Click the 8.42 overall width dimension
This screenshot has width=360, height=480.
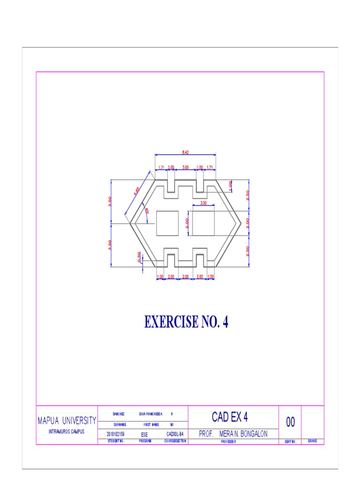[x=186, y=152]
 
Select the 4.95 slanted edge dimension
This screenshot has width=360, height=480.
[x=137, y=191]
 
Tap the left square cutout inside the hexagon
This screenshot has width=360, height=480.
[x=167, y=223]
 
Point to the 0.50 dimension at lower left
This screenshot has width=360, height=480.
[x=139, y=257]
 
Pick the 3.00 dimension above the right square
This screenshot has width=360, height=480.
[x=203, y=203]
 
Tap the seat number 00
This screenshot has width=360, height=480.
[x=290, y=422]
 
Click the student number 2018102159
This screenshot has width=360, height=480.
[x=115, y=434]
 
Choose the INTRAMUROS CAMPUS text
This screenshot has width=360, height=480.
[x=67, y=431]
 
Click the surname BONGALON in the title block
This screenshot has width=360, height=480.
[x=250, y=434]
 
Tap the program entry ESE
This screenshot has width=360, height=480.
[x=144, y=435]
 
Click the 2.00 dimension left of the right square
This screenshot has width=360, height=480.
[x=187, y=224]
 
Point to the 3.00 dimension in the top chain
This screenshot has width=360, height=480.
[x=186, y=167]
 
